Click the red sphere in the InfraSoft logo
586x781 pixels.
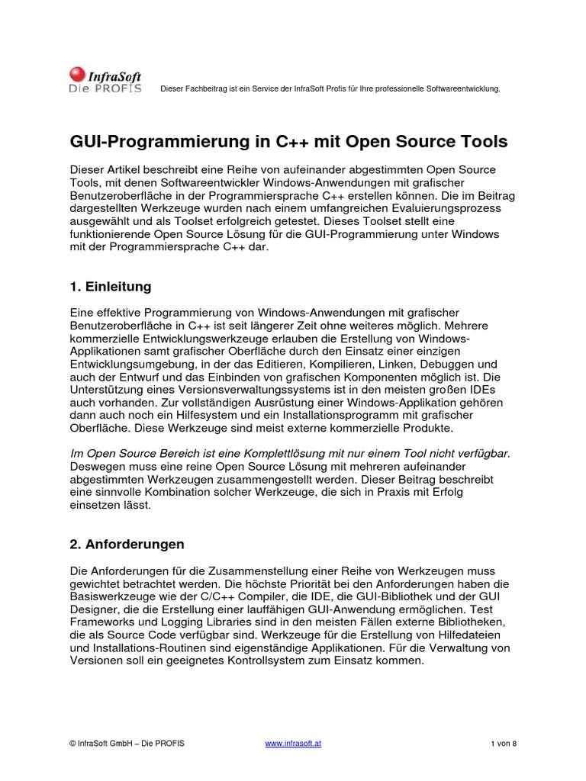tap(77, 75)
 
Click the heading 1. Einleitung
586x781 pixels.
tap(111, 287)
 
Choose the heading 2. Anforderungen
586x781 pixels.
tap(127, 545)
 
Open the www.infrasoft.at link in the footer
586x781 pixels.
tap(293, 744)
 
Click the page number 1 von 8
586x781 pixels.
tap(504, 744)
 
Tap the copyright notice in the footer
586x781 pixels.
tap(127, 744)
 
